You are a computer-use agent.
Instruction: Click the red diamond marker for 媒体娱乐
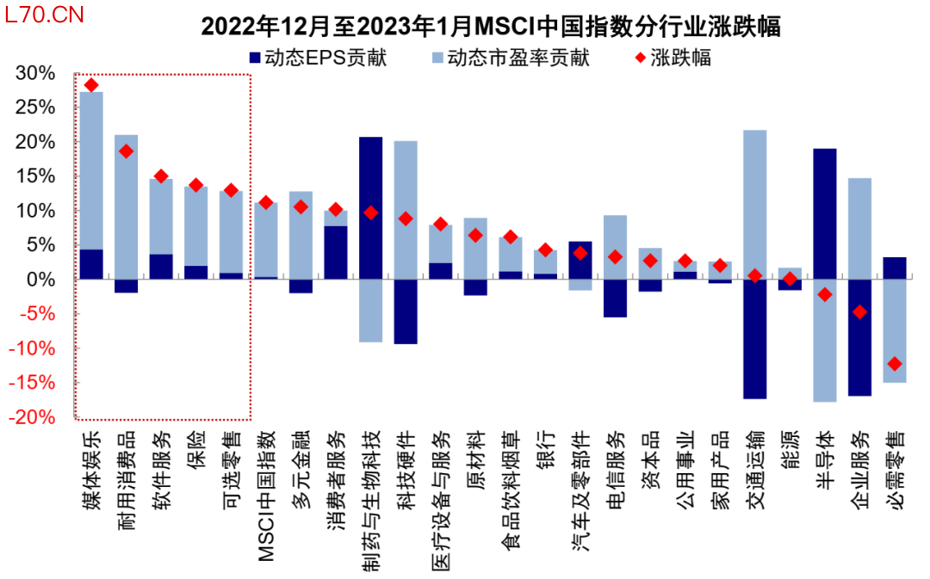pos(91,84)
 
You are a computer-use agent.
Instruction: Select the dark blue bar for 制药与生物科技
pos(370,207)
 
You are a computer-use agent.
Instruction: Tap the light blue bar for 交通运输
pos(754,204)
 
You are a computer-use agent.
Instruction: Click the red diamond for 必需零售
pos(895,363)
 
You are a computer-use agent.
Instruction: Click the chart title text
pos(491,27)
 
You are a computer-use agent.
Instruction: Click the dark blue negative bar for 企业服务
pos(859,337)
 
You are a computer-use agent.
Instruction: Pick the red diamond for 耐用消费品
pos(126,151)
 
